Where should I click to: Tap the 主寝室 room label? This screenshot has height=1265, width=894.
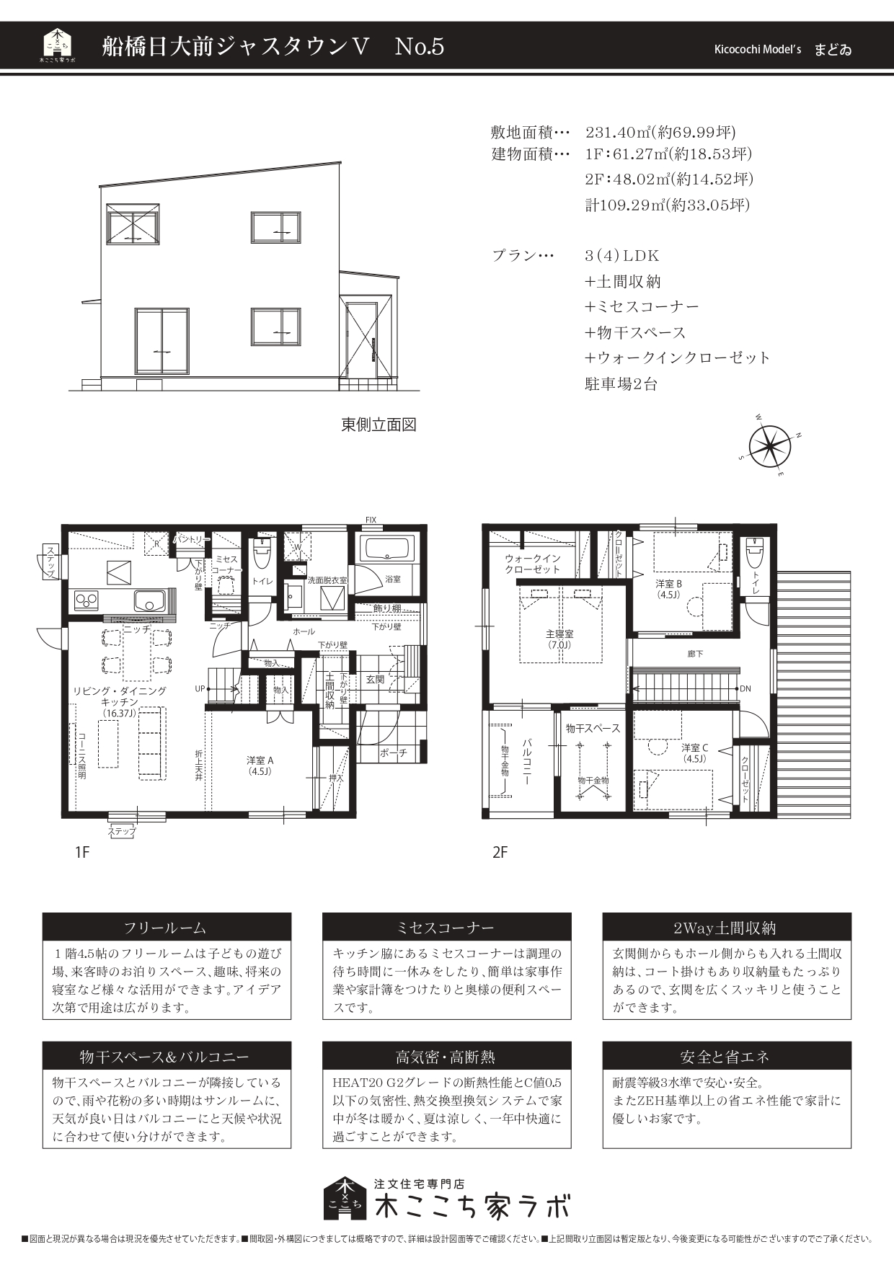pyautogui.click(x=559, y=634)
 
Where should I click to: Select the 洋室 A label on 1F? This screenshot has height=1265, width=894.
pyautogui.click(x=260, y=760)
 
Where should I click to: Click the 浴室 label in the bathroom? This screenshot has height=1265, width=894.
pyautogui.click(x=393, y=579)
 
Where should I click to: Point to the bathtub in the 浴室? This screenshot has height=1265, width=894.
pyautogui.click(x=387, y=549)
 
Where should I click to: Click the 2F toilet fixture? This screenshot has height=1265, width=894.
pyautogui.click(x=754, y=554)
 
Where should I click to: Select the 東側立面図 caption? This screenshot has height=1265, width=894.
pyautogui.click(x=379, y=425)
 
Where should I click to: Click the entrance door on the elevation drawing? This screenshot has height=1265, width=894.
pyautogui.click(x=360, y=339)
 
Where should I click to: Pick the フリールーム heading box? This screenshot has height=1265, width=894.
pyautogui.click(x=167, y=928)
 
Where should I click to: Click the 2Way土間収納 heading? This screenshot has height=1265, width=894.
pyautogui.click(x=726, y=928)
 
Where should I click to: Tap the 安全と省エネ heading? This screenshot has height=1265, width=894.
pyautogui.click(x=726, y=1057)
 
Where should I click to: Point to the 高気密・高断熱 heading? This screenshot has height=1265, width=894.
pyautogui.click(x=446, y=1057)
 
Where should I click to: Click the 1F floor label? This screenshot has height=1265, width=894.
pyautogui.click(x=81, y=853)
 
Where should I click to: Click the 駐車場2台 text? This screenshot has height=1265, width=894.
pyautogui.click(x=621, y=383)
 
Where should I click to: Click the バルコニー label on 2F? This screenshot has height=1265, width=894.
pyautogui.click(x=527, y=760)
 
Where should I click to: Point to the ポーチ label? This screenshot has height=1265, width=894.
pyautogui.click(x=394, y=753)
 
